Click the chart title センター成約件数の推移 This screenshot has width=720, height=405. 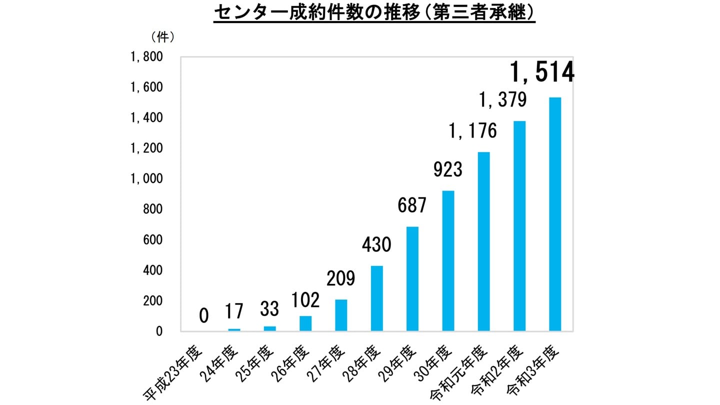374,13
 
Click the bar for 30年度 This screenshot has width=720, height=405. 448,260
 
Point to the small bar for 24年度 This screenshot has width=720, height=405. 234,329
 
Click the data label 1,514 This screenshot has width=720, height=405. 541,73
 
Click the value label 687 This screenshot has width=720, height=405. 411,205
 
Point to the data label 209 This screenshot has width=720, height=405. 340,278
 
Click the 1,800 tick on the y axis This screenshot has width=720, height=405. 146,57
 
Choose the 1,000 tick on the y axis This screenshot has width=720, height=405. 146,179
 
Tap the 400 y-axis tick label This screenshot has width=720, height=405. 152,270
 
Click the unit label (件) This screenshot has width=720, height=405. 162,37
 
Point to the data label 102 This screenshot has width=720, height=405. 305,300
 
